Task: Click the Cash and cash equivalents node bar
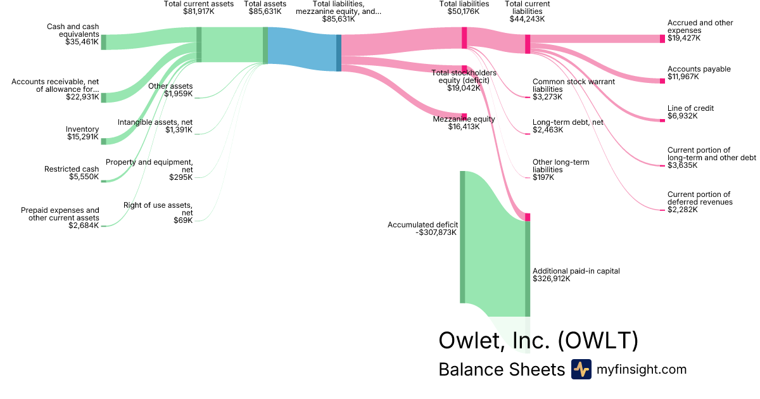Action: tap(103, 42)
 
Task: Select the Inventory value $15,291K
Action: tap(83, 137)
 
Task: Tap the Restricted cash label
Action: tap(72, 169)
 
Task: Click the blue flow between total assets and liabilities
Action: tap(302, 49)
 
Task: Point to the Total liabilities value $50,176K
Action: tap(464, 11)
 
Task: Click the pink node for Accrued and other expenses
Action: tap(662, 39)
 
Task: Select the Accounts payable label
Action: tap(699, 69)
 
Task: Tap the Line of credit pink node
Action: tap(662, 120)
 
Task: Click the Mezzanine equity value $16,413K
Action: tap(464, 127)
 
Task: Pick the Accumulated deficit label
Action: tap(423, 225)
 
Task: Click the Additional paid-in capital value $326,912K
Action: tap(552, 279)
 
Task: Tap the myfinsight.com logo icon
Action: tap(581, 369)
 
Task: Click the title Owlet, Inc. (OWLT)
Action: tap(538, 340)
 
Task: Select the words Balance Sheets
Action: tap(502, 369)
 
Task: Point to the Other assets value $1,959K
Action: tap(179, 94)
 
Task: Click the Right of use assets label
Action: tap(158, 209)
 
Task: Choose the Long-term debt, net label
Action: tap(568, 122)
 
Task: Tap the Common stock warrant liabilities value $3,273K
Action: tap(547, 97)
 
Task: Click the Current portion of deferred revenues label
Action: tap(700, 198)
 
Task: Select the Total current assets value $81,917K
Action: tap(199, 11)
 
